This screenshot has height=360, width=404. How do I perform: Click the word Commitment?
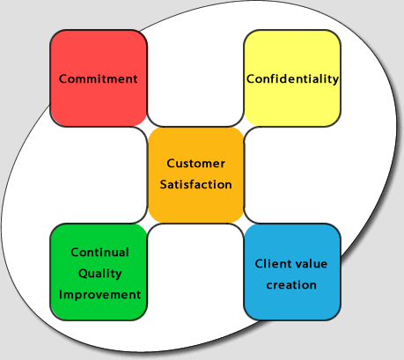(x=99, y=78)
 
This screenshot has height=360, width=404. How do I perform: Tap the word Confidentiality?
(x=292, y=78)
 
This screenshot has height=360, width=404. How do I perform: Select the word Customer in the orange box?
(x=195, y=164)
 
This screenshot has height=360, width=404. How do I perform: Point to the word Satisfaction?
(x=195, y=185)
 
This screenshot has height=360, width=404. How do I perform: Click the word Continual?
(x=99, y=253)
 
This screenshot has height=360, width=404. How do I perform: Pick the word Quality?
(x=99, y=274)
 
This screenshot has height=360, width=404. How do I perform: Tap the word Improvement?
(x=99, y=295)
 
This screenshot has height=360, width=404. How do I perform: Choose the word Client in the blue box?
(x=272, y=263)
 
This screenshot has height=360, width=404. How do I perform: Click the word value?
(x=310, y=263)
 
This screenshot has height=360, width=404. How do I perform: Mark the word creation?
(x=291, y=285)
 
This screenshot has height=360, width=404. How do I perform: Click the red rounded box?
(x=99, y=78)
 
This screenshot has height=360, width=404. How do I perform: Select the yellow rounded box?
(x=292, y=78)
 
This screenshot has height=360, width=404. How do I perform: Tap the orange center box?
(x=195, y=175)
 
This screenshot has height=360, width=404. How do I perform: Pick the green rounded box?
(x=99, y=272)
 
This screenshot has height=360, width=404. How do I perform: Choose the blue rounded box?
(x=292, y=272)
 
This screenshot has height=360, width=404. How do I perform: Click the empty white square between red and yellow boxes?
(x=195, y=78)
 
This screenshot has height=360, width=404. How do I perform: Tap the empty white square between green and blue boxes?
(x=195, y=272)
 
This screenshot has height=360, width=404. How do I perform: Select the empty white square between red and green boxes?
(x=99, y=175)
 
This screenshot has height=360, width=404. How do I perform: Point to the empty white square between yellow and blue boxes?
(x=292, y=175)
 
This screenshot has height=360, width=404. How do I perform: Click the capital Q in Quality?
(x=83, y=274)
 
